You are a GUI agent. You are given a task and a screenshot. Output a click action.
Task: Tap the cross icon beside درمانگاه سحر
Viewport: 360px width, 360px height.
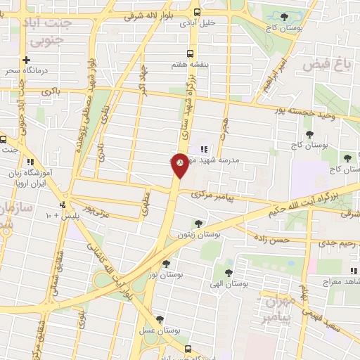pos(27,60)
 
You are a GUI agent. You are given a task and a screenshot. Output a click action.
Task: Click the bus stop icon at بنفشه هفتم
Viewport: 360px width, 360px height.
pos(191,53)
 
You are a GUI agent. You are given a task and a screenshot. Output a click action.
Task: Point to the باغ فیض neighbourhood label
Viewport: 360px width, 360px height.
pos(326,65)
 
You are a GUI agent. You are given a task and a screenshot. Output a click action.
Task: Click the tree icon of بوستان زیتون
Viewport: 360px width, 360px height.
pos(199,224)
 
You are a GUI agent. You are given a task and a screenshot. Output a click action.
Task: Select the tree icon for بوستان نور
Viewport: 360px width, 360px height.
pos(166,265)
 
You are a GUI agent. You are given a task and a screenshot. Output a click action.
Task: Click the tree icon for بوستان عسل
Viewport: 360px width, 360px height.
pos(160,320)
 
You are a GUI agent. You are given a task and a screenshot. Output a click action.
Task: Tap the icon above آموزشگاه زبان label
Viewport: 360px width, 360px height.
pos(30,162)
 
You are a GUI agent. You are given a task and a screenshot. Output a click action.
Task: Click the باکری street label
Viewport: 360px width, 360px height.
pos(51,91)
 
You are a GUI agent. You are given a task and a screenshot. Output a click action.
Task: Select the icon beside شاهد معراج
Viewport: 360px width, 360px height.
pos(353,271)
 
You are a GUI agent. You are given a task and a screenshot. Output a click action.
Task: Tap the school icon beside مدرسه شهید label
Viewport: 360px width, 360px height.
pos(204,149)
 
